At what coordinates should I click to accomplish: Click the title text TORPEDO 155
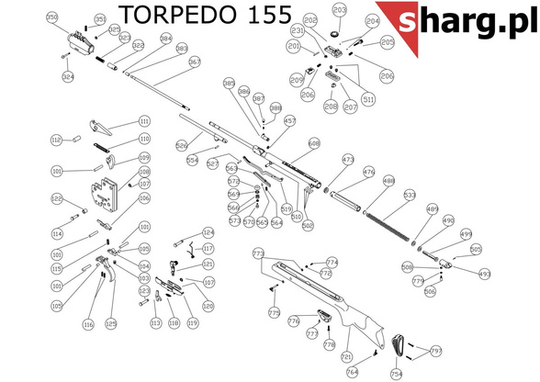tap(206, 16)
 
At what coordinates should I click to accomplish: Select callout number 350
tap(51, 17)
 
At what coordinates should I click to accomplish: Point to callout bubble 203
tap(340, 11)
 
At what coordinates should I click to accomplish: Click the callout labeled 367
tap(195, 62)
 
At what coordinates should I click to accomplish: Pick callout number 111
tap(144, 121)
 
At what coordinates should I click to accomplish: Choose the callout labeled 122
tap(55, 199)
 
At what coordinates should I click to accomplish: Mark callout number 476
tap(369, 172)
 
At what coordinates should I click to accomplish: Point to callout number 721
tap(346, 355)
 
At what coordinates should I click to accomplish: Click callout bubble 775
tap(274, 313)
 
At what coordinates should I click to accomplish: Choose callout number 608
tap(314, 143)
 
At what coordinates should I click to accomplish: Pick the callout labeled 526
tap(182, 145)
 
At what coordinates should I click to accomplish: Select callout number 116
tap(88, 324)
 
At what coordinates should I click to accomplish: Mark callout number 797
tap(436, 350)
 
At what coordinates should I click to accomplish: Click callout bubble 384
tap(166, 39)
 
